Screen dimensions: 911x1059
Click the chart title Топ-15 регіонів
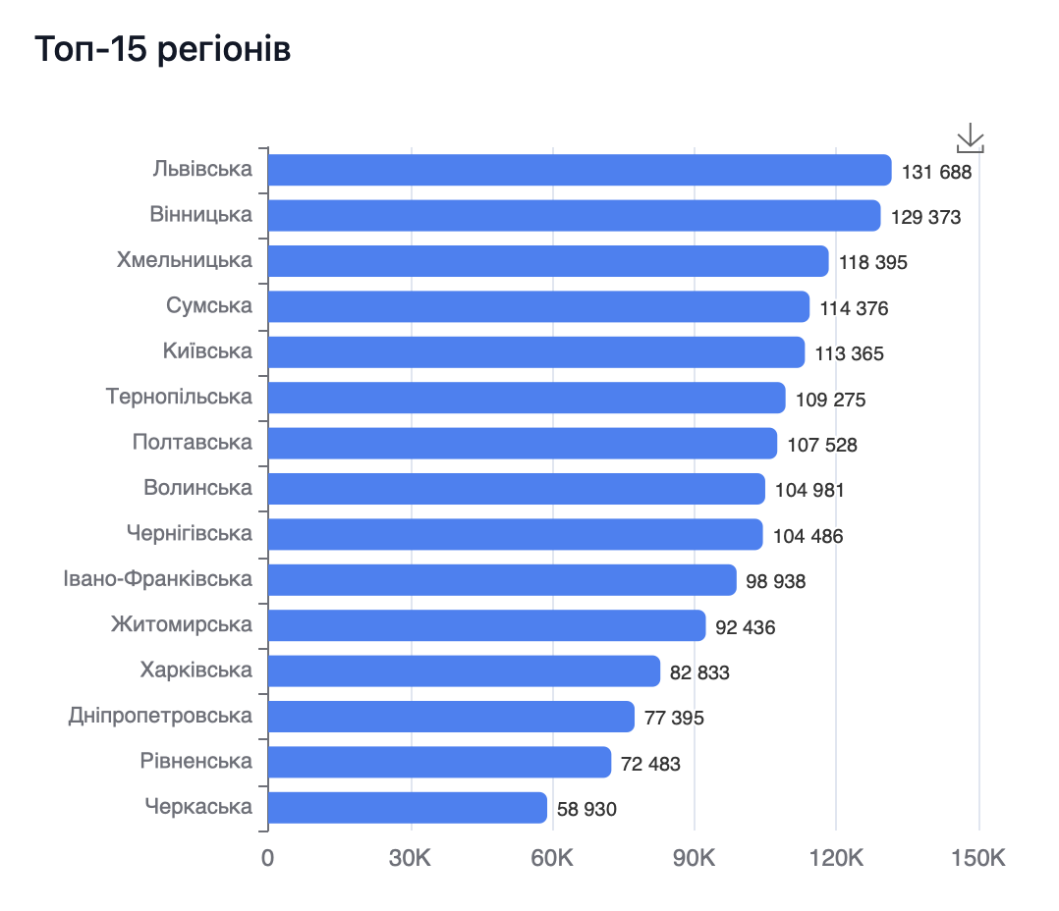point(163,49)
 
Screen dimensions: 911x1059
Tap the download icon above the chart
point(970,138)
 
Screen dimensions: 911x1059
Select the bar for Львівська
point(580,170)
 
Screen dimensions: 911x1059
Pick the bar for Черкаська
point(407,807)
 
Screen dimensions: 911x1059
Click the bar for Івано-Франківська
point(502,579)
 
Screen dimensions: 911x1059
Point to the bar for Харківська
point(464,670)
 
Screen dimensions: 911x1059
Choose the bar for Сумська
point(538,306)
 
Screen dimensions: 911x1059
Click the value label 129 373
point(925,217)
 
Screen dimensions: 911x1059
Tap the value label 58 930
point(586,809)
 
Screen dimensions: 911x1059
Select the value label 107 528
point(822,445)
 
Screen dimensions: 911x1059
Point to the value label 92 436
point(746,626)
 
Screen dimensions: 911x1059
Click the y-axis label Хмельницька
point(185,260)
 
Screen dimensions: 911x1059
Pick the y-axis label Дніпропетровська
point(160,716)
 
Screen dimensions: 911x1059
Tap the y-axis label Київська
point(207,351)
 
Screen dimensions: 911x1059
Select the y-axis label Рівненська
point(196,761)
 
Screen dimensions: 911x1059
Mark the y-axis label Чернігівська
point(190,533)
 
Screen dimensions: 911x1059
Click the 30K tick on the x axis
point(410,858)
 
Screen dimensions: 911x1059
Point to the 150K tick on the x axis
point(978,858)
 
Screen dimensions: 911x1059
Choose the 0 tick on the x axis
point(267,858)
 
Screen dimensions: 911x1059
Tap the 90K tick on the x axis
point(694,858)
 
